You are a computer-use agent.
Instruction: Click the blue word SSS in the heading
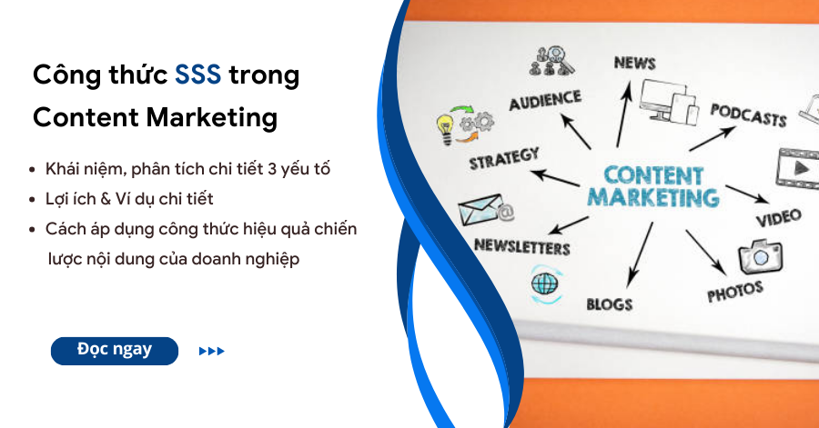[197, 75]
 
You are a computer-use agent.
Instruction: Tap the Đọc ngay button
[115, 351]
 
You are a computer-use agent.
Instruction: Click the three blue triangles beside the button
[211, 352]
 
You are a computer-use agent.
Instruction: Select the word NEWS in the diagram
[634, 63]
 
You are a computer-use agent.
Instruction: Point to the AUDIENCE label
[545, 100]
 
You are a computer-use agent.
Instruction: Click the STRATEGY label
[504, 159]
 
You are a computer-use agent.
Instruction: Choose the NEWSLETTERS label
[521, 246]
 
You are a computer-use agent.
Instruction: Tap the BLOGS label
[610, 304]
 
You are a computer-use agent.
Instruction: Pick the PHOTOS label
[735, 292]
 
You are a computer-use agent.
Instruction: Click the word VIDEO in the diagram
[779, 217]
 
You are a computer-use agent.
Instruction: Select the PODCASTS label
[749, 115]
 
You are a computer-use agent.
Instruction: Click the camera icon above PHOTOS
[761, 256]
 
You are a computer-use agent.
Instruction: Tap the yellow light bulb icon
[445, 129]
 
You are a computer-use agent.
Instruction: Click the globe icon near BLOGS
[545, 284]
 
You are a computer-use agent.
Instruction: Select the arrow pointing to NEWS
[623, 114]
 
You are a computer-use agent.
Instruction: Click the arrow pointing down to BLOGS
[640, 254]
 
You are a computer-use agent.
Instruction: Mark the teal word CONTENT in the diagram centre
[653, 175]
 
